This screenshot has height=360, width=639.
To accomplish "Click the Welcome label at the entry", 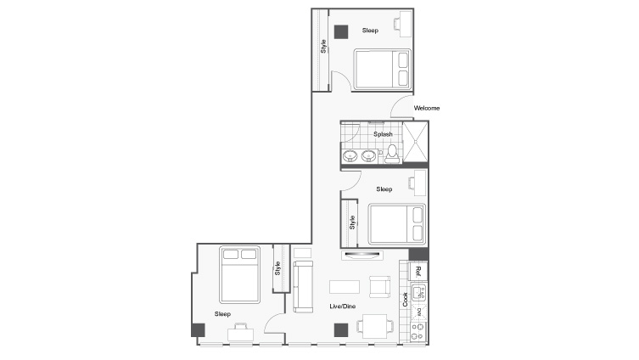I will click(x=427, y=108).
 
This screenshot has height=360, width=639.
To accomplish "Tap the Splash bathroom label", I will click(x=383, y=134).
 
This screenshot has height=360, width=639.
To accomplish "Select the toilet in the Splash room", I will click(x=392, y=153).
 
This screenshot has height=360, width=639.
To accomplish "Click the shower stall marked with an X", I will click(x=415, y=142).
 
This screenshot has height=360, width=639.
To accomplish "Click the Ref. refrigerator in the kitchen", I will click(x=417, y=273).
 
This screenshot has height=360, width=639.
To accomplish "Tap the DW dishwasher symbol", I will click(x=418, y=312).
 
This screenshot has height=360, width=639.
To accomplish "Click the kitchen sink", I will click(x=418, y=294).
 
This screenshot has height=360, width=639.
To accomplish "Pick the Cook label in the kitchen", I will click(x=406, y=299).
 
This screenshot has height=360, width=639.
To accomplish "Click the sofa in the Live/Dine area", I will click(x=302, y=286).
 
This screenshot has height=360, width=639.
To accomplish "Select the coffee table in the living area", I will click(x=344, y=285).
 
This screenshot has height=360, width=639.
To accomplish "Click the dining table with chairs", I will click(x=374, y=325).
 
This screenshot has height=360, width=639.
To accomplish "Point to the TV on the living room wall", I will click(x=362, y=256).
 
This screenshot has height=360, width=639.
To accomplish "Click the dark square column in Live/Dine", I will click(x=340, y=330).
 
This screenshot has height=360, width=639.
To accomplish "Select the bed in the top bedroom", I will click(x=381, y=68).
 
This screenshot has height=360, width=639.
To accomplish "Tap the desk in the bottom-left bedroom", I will click(x=240, y=332).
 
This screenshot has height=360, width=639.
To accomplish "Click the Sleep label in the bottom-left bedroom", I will click(x=222, y=313).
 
